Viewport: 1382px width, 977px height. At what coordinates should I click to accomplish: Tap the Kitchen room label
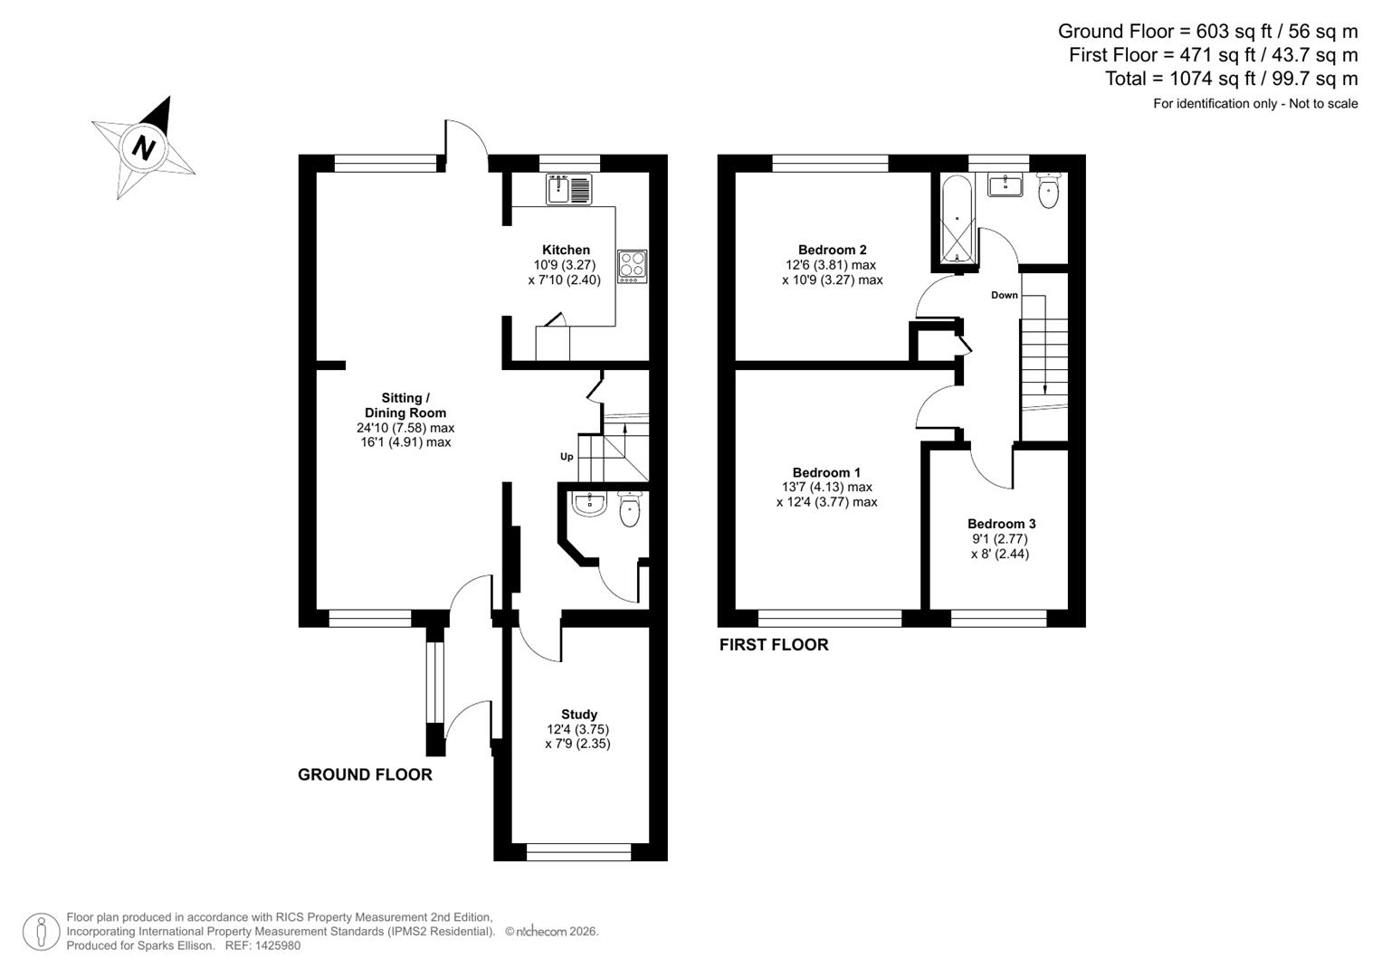[566, 250]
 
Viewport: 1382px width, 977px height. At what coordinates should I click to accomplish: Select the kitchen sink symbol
[568, 189]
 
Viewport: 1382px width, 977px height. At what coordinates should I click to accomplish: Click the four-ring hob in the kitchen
[632, 265]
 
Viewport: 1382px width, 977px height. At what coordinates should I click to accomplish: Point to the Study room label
[578, 715]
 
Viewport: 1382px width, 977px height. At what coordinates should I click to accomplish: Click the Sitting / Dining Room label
[404, 405]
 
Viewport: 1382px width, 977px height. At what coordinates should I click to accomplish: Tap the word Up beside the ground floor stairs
[567, 457]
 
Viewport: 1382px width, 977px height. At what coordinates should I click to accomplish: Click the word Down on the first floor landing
[1004, 295]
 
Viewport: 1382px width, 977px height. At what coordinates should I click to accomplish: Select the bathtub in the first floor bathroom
[956, 221]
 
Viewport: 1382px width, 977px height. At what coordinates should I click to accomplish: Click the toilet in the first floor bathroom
[1048, 192]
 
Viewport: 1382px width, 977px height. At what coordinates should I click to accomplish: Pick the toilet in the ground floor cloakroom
[630, 509]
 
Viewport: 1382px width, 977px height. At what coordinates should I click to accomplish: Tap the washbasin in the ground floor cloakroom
[589, 504]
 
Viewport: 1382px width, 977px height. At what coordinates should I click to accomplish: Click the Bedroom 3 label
[1001, 524]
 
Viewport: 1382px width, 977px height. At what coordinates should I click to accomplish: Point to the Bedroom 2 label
[832, 250]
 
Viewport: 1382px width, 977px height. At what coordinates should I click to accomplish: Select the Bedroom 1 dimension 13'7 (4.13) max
[826, 487]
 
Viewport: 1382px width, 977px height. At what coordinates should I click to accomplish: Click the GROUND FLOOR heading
[365, 774]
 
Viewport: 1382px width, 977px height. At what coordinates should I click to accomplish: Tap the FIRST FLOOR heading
[774, 645]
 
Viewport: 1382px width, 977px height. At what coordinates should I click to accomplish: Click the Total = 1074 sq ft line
[1231, 79]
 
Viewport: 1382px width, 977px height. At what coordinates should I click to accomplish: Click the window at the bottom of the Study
[579, 851]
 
